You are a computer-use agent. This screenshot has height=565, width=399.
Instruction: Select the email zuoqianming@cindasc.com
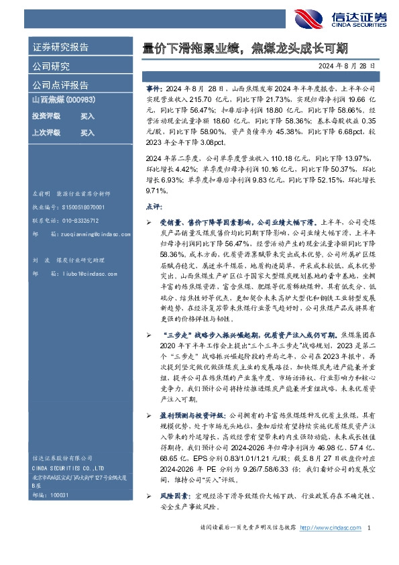tap(91, 235)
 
